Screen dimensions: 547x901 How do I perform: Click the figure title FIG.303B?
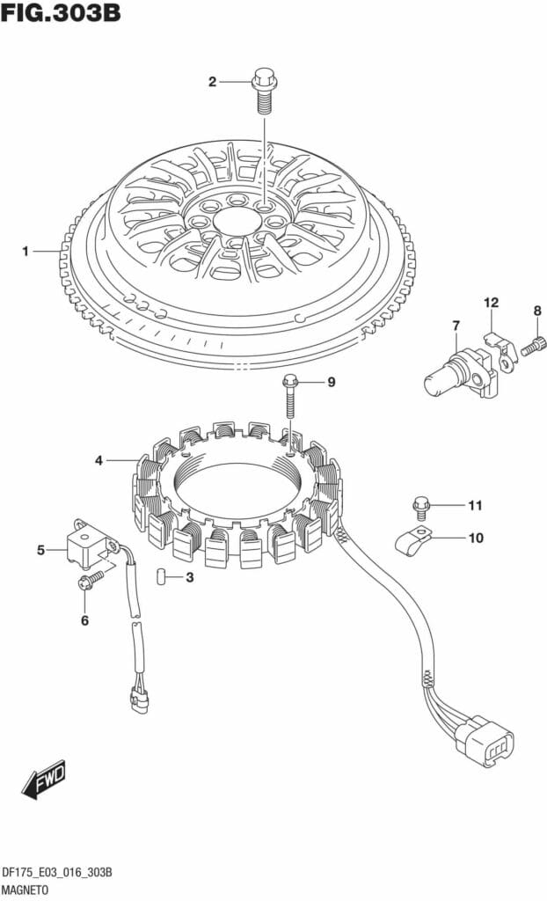61,12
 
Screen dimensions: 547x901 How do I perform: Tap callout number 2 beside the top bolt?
213,82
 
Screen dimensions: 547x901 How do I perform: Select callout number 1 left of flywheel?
26,251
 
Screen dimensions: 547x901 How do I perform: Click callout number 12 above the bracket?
492,303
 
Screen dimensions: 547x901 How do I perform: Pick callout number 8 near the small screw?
537,311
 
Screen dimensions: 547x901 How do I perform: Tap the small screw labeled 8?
531,347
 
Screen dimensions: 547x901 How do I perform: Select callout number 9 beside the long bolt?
332,382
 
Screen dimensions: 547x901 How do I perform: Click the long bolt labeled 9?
290,396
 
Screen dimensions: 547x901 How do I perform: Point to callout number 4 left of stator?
98,460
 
